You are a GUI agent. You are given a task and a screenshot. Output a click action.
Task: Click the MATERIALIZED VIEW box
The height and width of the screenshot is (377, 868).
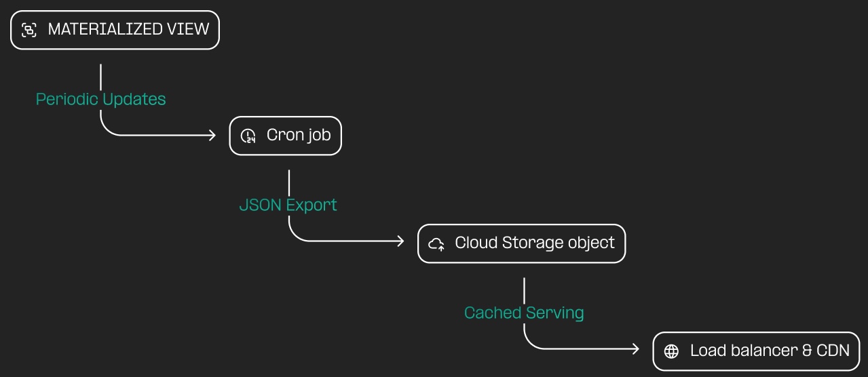[x=115, y=30]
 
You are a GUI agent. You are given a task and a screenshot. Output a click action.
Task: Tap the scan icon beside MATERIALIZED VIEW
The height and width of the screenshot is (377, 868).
[x=29, y=30]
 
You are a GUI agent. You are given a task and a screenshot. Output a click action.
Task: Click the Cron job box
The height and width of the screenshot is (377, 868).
[x=285, y=136]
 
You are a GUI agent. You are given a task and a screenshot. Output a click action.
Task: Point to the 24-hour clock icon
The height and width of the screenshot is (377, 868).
[x=248, y=136]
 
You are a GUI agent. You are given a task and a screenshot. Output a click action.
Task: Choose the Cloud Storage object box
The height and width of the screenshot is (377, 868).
[x=521, y=243]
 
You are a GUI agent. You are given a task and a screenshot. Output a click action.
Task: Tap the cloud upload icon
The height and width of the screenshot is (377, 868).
[x=436, y=243]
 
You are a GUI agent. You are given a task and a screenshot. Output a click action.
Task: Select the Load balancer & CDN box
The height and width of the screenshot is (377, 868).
[x=757, y=351]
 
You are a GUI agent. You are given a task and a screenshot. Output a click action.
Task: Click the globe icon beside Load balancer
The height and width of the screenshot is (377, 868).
[x=671, y=351]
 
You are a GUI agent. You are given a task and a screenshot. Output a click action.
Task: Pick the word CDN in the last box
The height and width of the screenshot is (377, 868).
[x=833, y=351]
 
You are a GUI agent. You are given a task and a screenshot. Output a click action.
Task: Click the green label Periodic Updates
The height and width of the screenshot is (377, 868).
[x=100, y=99]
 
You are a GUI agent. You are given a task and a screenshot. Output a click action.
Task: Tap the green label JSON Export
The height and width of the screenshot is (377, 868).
[x=288, y=205]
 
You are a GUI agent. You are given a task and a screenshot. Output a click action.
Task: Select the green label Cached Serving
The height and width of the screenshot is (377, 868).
[x=523, y=313]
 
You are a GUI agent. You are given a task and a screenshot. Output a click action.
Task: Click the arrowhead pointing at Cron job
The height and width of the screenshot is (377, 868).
[x=212, y=136]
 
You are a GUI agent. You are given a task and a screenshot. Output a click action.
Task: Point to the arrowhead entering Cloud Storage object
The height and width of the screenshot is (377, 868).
[x=401, y=241]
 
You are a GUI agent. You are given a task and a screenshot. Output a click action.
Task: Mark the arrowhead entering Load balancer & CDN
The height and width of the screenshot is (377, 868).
[x=636, y=349]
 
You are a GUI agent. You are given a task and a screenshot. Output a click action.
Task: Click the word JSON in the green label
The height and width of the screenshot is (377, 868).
[x=261, y=205]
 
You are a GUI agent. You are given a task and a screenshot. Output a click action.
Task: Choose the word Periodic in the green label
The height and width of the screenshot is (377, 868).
[x=67, y=99]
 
